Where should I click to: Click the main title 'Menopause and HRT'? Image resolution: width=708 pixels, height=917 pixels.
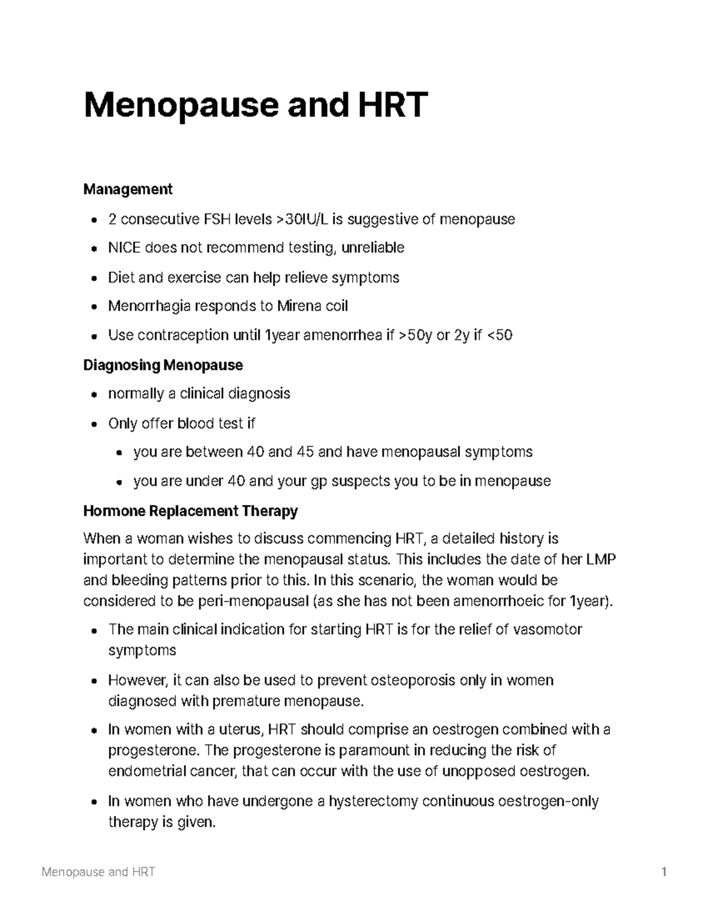tap(255, 105)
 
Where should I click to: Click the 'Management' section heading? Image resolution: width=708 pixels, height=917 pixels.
tap(127, 189)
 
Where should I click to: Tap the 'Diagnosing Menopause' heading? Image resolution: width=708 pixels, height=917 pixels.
tap(163, 365)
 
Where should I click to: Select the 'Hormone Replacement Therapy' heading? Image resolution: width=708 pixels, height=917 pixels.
tap(190, 510)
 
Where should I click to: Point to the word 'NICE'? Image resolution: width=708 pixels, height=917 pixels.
tap(124, 247)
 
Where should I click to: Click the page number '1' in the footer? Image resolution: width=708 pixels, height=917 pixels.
tap(664, 872)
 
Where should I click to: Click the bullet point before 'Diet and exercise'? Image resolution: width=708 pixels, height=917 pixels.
tap(94, 278)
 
